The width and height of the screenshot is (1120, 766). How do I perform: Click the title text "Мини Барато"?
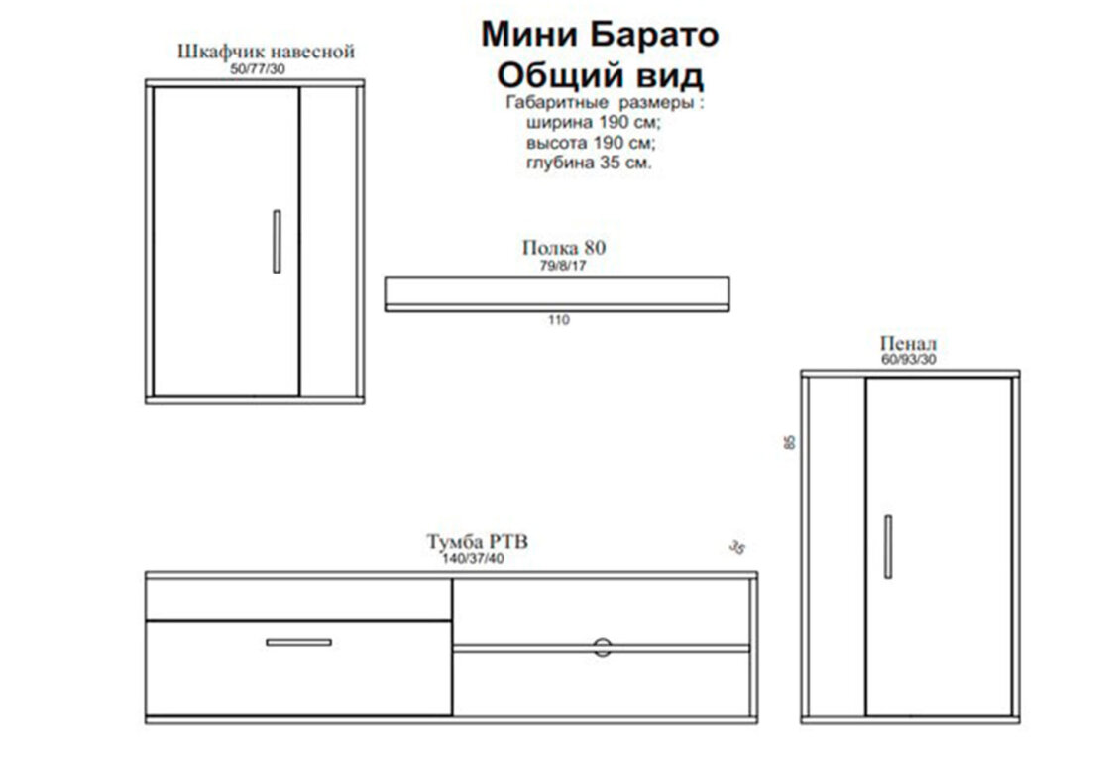pos(600,35)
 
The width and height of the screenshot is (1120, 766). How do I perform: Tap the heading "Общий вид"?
pos(600,74)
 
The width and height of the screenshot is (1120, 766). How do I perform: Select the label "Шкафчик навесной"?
pos(266,52)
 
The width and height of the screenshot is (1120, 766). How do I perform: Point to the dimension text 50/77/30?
pos(257,69)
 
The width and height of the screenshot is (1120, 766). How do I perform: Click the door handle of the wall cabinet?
pos(277,241)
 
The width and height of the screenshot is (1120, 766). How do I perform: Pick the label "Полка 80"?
pos(564,248)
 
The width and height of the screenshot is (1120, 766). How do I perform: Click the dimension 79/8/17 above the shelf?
pos(563,266)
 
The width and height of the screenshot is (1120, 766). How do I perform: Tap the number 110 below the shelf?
pos(559,320)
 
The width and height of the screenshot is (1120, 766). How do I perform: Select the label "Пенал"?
pos(908,344)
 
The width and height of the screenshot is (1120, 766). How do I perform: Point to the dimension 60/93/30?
pos(908,359)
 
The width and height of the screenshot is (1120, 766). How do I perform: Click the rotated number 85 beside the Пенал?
pos(789,442)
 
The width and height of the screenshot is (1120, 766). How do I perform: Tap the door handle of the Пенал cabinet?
pos(888,546)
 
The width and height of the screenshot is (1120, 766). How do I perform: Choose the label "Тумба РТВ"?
pos(477,542)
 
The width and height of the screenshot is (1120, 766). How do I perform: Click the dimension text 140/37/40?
pos(473,558)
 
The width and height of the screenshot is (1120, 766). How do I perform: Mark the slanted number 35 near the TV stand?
pos(737,548)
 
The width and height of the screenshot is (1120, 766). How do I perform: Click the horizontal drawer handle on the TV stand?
pos(298,642)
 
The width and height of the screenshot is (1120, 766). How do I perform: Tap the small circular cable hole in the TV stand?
pos(603,647)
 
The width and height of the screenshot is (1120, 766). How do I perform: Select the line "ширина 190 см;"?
pos(594,122)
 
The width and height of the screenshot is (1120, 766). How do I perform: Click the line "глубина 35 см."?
pos(590,163)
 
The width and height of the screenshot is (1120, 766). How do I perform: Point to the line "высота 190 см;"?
pos(591,142)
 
